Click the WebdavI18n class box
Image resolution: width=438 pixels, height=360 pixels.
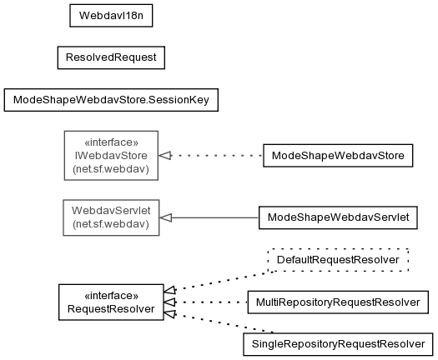(111, 16)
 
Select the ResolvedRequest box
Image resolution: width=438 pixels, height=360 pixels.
(111, 57)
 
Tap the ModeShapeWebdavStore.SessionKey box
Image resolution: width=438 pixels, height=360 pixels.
(111, 100)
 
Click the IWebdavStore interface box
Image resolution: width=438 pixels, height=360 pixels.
(111, 156)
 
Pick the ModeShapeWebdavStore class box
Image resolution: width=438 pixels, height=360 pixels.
(338, 156)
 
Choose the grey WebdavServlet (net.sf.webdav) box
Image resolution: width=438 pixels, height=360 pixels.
(111, 217)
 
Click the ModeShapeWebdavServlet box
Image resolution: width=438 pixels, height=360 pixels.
(338, 217)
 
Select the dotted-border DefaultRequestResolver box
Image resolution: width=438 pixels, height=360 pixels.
(338, 260)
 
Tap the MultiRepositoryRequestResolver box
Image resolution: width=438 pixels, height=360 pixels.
(338, 302)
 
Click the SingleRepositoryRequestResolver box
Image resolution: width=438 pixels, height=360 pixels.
(338, 344)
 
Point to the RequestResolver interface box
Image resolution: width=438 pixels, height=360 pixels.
(111, 302)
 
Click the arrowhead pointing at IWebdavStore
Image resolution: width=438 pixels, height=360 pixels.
(165, 156)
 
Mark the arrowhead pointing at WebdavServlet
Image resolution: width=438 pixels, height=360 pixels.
(166, 217)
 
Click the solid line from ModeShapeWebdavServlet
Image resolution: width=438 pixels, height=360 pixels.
(215, 217)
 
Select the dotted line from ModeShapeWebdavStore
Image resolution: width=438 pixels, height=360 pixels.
(217, 156)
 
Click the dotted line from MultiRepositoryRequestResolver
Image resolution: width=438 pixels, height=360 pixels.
(212, 302)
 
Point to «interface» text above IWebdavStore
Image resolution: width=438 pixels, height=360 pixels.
(111, 142)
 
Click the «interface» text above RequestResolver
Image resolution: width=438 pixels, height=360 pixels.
(111, 296)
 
